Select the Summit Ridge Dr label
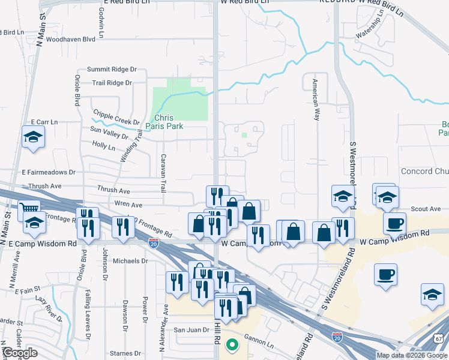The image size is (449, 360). [x=112, y=70]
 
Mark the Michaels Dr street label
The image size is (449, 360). [x=130, y=261]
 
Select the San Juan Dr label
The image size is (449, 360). [x=191, y=330]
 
